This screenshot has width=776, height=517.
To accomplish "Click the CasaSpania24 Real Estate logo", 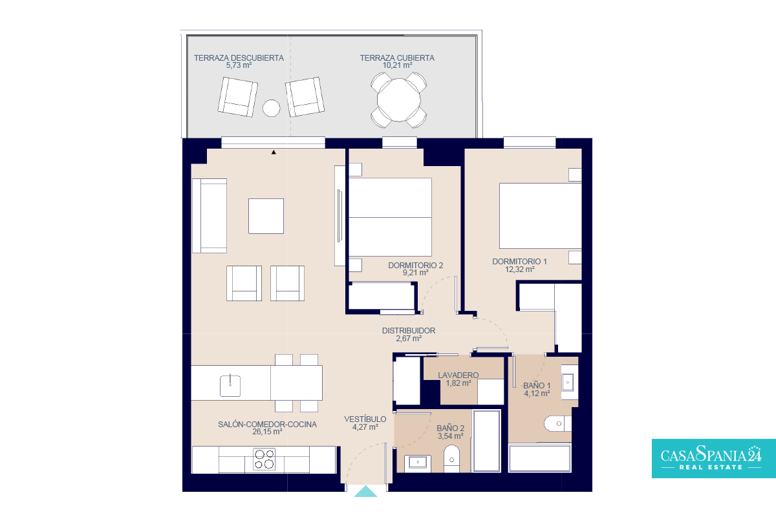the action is (x=714, y=458).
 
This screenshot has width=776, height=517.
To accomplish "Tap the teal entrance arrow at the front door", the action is (x=365, y=492).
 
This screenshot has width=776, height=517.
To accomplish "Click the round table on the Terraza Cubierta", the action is (x=399, y=100).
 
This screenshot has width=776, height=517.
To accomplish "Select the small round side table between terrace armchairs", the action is (x=271, y=108).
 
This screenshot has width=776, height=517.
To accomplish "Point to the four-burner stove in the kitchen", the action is (x=264, y=459).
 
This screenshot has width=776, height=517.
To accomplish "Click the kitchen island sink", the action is (x=230, y=386).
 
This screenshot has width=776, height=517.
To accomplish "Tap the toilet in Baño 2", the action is (x=451, y=458).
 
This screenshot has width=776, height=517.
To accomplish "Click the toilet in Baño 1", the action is (x=557, y=424).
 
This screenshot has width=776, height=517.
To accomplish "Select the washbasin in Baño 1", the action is (x=569, y=383).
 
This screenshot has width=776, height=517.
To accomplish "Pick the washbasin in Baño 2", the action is (x=418, y=463).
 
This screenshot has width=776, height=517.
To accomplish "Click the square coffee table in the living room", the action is (x=266, y=216).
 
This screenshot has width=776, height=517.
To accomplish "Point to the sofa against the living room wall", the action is (x=210, y=216).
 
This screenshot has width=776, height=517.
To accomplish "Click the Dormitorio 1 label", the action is (x=520, y=262).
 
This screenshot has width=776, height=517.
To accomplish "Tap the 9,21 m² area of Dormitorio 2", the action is (x=415, y=273).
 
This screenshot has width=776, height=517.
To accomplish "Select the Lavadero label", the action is (x=458, y=375).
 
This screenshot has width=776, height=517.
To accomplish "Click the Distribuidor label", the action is (x=409, y=331).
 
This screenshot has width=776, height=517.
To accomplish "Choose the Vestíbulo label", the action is (x=365, y=419).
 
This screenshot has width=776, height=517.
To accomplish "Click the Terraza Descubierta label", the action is (x=239, y=58).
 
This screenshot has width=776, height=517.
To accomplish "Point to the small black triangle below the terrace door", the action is (x=274, y=152).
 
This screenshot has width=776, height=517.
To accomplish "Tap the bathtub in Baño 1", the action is (x=540, y=458).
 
